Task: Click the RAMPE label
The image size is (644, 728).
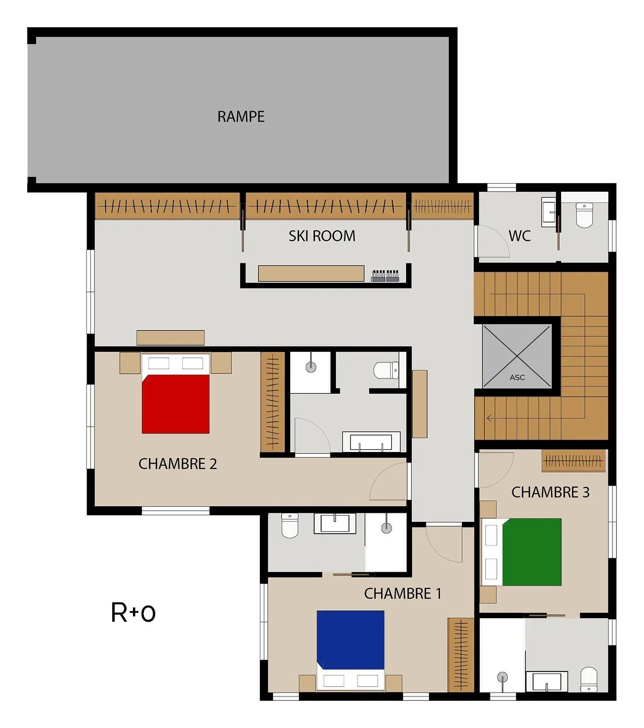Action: pyautogui.click(x=241, y=116)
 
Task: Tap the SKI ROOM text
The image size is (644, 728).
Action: pyautogui.click(x=322, y=236)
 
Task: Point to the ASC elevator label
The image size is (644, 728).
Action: pyautogui.click(x=517, y=378)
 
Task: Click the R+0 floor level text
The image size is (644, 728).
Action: pyautogui.click(x=133, y=613)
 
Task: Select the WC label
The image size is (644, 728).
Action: pyautogui.click(x=519, y=236)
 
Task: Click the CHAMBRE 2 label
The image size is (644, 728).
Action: pyautogui.click(x=178, y=464)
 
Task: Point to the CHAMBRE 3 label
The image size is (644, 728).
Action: pyautogui.click(x=550, y=492)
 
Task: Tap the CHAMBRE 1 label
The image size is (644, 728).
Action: pyautogui.click(x=402, y=593)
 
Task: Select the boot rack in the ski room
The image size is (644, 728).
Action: pyautogui.click(x=385, y=275)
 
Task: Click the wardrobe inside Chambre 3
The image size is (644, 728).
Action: pyautogui.click(x=573, y=461)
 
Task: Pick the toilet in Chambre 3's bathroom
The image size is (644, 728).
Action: pyautogui.click(x=589, y=680)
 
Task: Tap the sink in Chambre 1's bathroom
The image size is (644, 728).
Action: pyautogui.click(x=335, y=523)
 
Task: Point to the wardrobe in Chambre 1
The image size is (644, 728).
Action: pyautogui.click(x=461, y=655)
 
